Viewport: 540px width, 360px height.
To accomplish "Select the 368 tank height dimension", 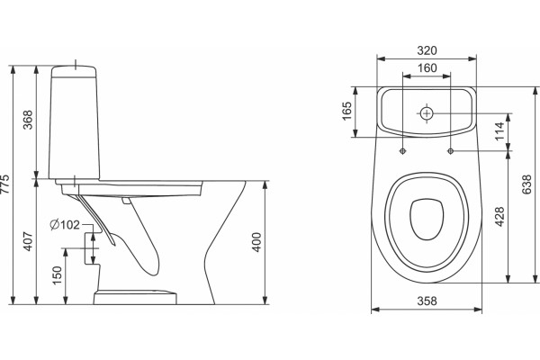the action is pos(28,120).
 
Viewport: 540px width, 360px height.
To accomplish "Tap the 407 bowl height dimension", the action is pos(28,241).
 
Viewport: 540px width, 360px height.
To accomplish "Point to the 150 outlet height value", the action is pos(58,274).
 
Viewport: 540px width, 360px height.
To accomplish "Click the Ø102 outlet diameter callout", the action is pos(65,225).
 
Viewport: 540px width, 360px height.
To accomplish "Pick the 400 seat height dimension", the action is pos(256,242).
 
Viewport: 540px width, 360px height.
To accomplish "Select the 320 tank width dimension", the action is pos(427,50).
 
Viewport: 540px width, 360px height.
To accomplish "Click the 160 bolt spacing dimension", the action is pos(427,67).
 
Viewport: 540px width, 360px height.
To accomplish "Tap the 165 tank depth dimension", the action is pos(346,111).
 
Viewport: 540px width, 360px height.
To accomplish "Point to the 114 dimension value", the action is pos(499,130).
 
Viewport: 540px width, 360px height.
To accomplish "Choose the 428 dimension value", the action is pos(499,216).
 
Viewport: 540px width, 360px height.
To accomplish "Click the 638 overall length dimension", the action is pos(526,184).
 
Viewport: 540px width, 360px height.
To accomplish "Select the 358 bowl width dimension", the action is pos(427,301).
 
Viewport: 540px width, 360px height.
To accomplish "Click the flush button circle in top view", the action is pos(427,113).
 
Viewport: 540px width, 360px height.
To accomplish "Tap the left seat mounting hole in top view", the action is pos(402,151).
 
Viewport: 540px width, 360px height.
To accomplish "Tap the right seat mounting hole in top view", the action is pos(451,151).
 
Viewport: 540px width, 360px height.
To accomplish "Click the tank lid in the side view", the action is pos(74,72).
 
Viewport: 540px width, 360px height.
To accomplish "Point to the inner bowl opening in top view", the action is pos(427,219).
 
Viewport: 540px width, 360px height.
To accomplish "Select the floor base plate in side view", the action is pos(135,298).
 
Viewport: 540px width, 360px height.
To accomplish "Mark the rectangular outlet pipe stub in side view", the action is pos(92,248).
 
